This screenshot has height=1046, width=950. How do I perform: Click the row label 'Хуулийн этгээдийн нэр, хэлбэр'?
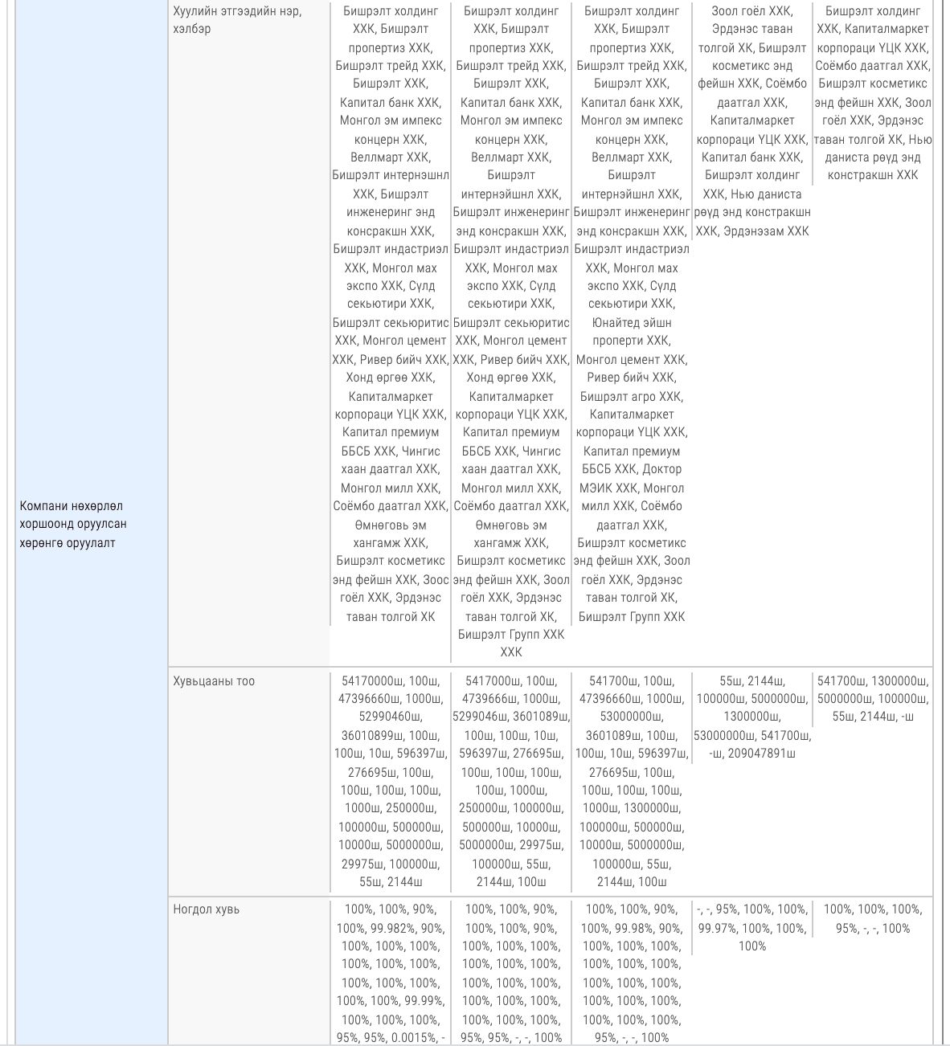pyautogui.click(x=237, y=20)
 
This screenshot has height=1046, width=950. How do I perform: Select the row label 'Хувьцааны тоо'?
pyautogui.click(x=214, y=681)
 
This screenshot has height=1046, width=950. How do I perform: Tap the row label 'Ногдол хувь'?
pyautogui.click(x=207, y=909)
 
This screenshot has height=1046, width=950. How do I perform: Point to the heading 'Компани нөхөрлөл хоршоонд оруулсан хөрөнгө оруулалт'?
pyautogui.click(x=73, y=524)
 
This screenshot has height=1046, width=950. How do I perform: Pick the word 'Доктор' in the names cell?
pyautogui.click(x=661, y=469)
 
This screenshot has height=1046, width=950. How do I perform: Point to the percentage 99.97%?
pyautogui.click(x=715, y=929)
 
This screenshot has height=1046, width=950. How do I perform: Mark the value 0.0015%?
pyautogui.click(x=414, y=1037)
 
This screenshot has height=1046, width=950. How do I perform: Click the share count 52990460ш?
pyautogui.click(x=391, y=717)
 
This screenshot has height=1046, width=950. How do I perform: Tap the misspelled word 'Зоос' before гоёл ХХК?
pyautogui.click(x=436, y=580)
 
